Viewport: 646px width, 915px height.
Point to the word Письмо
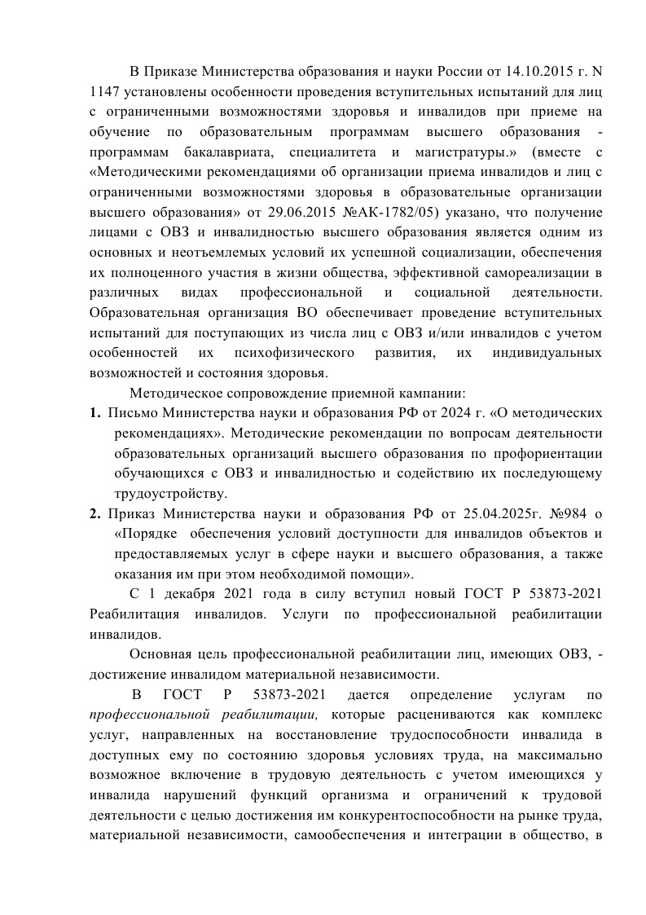point(132,412)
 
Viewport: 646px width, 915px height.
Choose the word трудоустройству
point(170,494)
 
